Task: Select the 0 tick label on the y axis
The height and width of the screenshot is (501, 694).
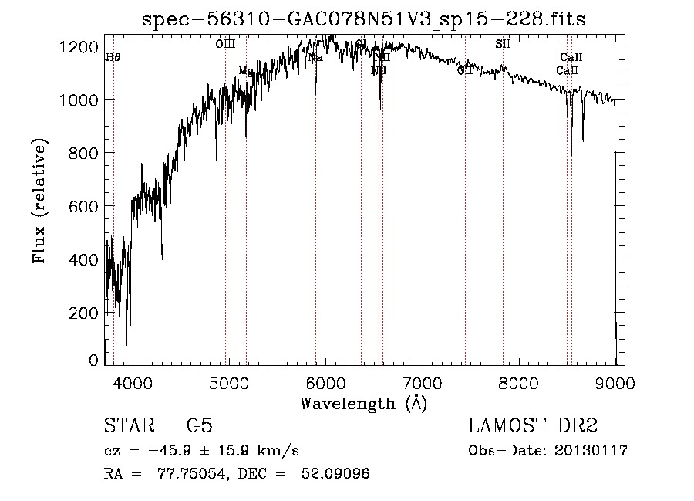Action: [93, 361]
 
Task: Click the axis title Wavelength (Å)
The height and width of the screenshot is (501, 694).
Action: [363, 403]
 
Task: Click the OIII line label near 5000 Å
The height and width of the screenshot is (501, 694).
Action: [225, 45]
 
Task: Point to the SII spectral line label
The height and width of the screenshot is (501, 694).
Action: [503, 45]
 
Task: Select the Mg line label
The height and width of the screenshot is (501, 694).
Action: [245, 71]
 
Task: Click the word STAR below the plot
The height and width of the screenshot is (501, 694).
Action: [128, 426]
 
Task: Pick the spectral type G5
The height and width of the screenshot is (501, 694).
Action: [199, 426]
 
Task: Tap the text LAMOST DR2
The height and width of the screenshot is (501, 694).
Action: [533, 426]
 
